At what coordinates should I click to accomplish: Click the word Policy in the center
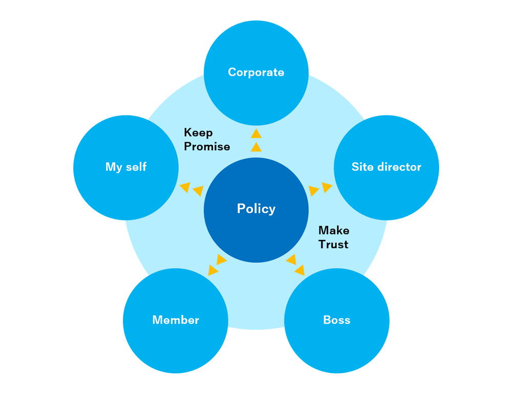(x=256, y=209)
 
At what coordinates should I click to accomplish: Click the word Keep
(x=198, y=133)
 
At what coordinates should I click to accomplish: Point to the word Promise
(x=207, y=147)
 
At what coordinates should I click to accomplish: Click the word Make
(x=334, y=231)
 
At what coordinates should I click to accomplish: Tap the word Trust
(x=333, y=245)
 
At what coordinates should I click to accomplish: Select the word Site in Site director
(x=361, y=167)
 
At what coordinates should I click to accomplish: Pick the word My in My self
(x=114, y=167)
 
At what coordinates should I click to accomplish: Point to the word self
(x=136, y=167)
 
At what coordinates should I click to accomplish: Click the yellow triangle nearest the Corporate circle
(x=257, y=134)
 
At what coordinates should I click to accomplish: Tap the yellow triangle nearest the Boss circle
(x=300, y=270)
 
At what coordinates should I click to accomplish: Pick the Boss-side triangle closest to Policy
(x=291, y=259)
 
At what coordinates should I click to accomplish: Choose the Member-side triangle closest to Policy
(x=221, y=259)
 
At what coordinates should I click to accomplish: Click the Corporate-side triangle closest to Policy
(x=257, y=147)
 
